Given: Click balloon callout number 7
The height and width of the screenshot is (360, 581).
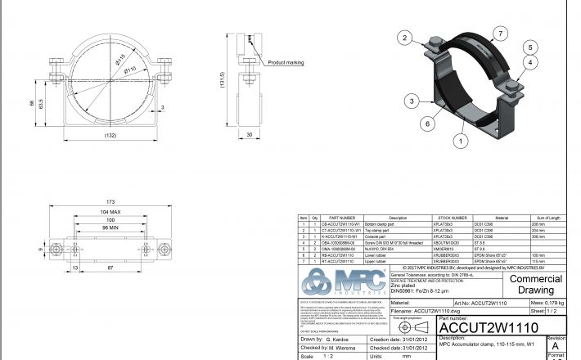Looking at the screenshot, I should pos(497,34).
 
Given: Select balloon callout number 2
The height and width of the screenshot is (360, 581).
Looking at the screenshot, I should pos(403,38).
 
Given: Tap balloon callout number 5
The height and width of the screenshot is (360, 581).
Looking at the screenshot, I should pos(530,47).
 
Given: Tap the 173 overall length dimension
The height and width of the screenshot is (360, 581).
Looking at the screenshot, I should pos(111,201).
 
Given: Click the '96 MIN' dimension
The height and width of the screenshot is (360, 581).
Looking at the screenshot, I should pos(110,227).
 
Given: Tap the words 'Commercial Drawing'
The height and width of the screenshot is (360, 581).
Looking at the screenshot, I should pos(535,284).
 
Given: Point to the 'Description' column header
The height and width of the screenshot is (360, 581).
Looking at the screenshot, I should pos(397,218).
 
